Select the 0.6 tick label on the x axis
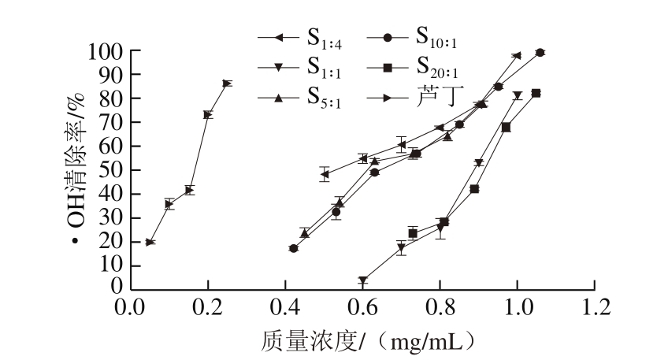tap(363, 305)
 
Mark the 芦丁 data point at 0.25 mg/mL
tap(228, 83)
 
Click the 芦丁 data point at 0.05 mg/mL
tap(150, 242)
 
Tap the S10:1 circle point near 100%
tap(540, 52)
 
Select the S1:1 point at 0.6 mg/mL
tap(363, 280)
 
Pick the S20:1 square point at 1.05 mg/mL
tap(536, 93)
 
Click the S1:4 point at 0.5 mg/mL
tap(325, 174)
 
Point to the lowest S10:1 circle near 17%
tap(294, 248)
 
